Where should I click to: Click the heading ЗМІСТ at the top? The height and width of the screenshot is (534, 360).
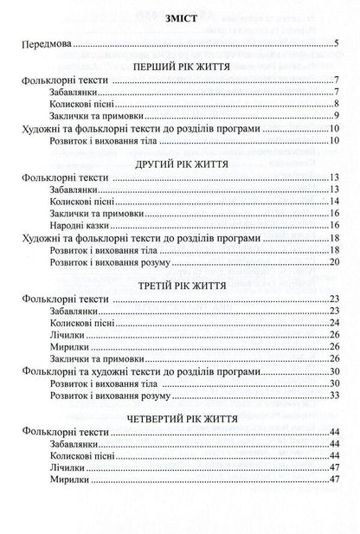(x=179, y=21)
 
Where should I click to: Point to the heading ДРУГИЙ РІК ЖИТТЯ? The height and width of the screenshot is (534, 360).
(x=180, y=162)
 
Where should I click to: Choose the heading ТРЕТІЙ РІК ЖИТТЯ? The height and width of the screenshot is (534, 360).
(x=180, y=283)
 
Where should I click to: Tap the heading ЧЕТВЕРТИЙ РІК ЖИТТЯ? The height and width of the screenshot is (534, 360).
(x=180, y=415)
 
